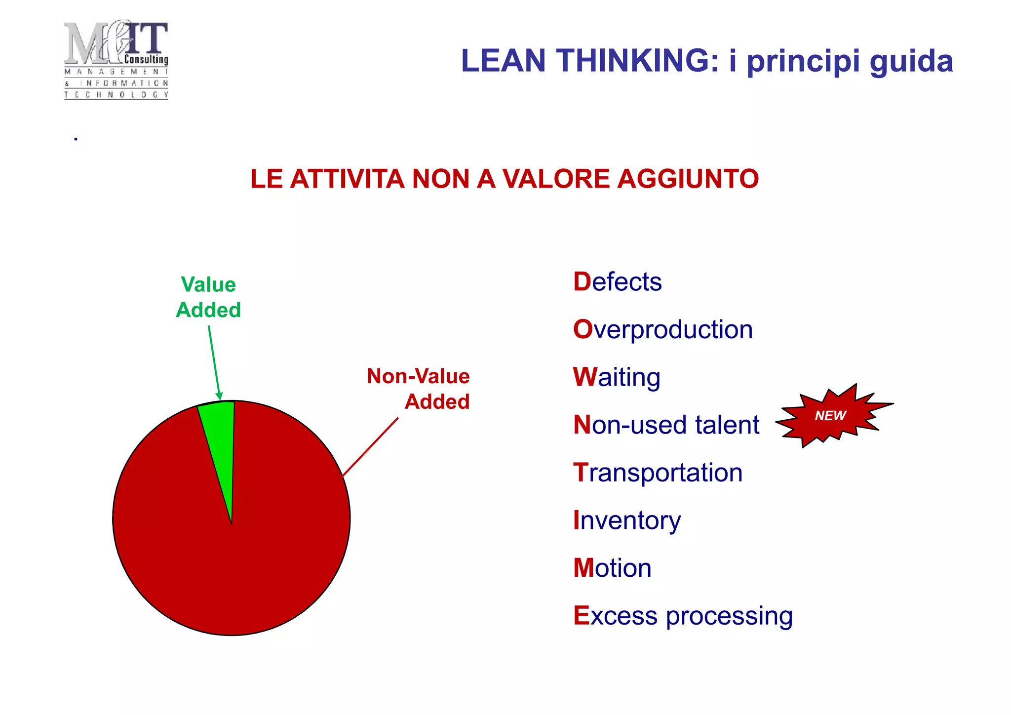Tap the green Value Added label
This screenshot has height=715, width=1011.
point(208,297)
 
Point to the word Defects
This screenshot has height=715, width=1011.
point(617,282)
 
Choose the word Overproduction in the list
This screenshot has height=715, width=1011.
point(662,330)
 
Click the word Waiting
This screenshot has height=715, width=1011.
point(616,377)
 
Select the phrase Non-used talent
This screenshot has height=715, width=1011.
point(666,425)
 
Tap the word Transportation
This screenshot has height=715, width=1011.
point(658,473)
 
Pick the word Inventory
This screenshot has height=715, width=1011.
point(626,520)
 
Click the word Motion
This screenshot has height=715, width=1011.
point(612,568)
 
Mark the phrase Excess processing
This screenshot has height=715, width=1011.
point(683,616)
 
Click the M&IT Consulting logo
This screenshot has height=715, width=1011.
point(116,59)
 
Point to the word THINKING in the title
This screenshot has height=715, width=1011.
point(637,61)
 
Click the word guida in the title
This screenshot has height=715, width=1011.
point(911,62)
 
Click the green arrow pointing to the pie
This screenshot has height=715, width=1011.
point(214,363)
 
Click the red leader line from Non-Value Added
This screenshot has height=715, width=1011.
point(370,447)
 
